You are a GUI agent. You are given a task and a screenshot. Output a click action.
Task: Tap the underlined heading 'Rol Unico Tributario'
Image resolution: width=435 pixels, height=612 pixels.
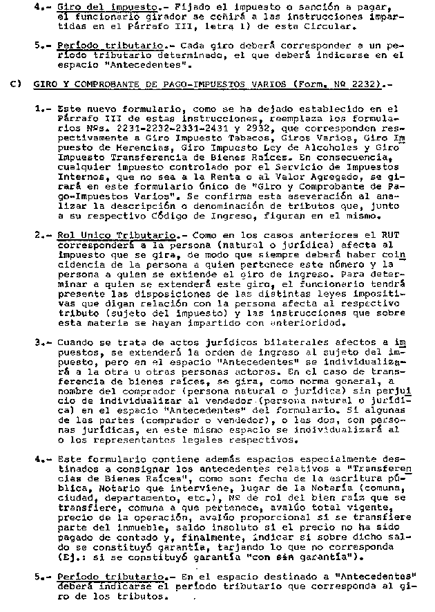(97, 235)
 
